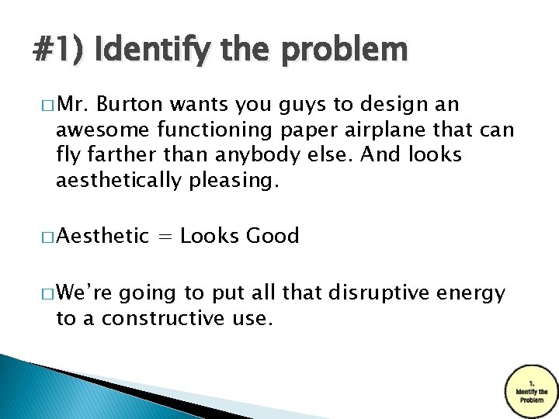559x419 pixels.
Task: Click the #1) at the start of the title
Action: tap(60, 50)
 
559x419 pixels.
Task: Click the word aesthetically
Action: tap(127, 181)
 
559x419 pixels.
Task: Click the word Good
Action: tap(273, 236)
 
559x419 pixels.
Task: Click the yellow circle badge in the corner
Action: tap(531, 388)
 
